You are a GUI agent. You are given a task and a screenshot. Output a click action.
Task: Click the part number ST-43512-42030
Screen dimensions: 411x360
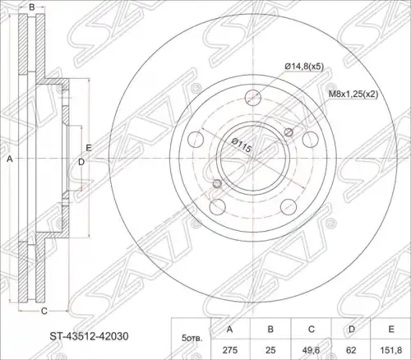(x=89, y=336)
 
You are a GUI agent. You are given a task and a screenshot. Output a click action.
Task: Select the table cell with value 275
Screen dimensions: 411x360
(x=230, y=350)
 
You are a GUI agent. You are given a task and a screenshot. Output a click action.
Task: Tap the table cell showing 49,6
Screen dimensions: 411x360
(x=312, y=350)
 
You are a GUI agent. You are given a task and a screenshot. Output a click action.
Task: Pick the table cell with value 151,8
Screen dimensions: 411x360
(x=391, y=350)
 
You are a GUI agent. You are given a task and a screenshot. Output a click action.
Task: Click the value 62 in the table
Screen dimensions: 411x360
(x=351, y=350)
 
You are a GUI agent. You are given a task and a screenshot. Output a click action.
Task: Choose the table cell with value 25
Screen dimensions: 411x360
(x=270, y=350)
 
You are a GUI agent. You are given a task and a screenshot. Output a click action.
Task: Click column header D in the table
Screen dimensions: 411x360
(x=351, y=329)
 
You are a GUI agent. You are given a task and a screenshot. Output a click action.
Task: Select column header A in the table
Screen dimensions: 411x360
(x=230, y=329)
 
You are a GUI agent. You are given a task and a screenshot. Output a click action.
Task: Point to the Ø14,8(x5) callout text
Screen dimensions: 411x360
(x=304, y=66)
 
